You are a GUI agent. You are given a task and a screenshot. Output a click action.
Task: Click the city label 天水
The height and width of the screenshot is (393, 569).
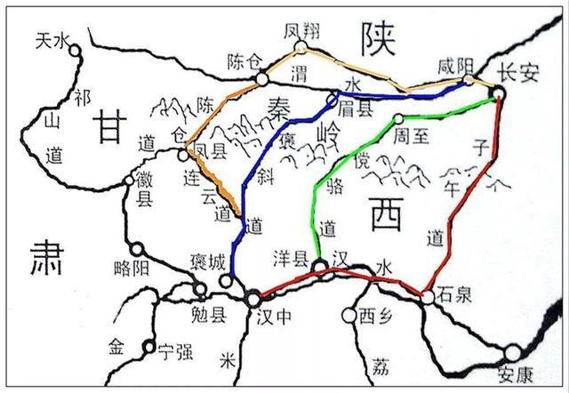coord(51,41)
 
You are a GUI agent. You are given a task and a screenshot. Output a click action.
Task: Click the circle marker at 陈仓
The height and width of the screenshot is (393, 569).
coord(261,79)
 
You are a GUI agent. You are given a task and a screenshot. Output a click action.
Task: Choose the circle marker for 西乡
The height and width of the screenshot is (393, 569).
coord(349,314)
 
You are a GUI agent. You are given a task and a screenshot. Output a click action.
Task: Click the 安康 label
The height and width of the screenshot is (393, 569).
coord(517,374)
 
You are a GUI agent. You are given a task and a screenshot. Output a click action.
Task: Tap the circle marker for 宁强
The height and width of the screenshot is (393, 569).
coord(149,348)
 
